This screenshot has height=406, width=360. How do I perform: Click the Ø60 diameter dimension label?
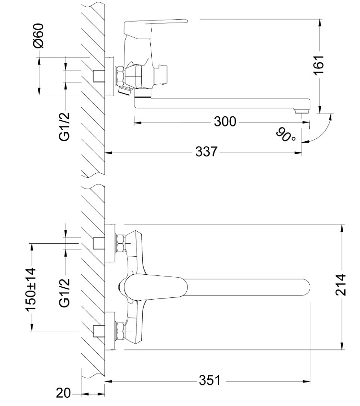coord(39,36)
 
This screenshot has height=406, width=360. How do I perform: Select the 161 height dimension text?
coord(319,65)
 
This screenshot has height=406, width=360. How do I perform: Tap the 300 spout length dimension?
coord(225,122)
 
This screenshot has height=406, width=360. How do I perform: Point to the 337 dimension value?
coord(206,152)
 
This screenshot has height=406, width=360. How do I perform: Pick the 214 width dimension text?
coord(341,284)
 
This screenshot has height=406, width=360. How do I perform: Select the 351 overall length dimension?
coord(210,381)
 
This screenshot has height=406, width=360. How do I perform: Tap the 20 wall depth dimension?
coord(63,394)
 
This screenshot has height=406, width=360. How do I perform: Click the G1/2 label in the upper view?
coord(65,126)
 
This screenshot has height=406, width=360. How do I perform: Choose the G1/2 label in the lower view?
coord(65,293)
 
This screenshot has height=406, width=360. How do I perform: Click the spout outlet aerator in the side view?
coord(303,112)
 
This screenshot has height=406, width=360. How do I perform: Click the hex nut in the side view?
coord(120,76)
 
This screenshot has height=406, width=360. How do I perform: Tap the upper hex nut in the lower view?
coord(120,243)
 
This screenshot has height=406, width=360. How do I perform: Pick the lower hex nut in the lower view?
coord(120,331)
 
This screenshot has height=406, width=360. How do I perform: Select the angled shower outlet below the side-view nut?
coord(124,91)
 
